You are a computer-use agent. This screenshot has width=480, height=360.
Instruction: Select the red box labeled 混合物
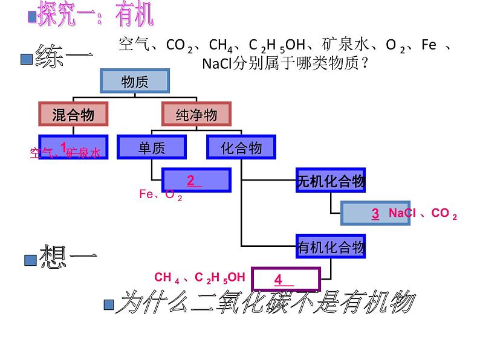pos(73,114)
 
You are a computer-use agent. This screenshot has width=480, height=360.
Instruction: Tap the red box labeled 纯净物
pos(196,114)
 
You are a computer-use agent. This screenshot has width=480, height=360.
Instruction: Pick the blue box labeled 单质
pos(152,147)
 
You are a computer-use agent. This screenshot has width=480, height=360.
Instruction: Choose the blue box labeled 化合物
pos(241,147)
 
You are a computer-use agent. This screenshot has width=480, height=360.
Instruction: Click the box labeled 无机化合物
pos(331,180)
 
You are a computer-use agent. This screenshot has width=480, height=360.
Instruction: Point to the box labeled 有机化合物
pos(331,246)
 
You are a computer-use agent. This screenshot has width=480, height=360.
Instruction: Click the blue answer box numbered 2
pos(197,180)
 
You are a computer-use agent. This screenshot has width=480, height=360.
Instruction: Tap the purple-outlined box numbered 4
pos(285,279)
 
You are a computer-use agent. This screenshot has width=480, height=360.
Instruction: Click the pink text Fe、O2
pos(160,194)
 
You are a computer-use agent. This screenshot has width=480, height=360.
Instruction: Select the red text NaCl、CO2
pos(423,213)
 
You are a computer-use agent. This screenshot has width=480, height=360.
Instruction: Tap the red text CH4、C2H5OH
pos(200,277)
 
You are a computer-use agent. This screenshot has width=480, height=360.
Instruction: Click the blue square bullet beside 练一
pos(26,59)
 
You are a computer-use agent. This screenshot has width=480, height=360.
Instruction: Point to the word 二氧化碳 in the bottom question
pos(230,302)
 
